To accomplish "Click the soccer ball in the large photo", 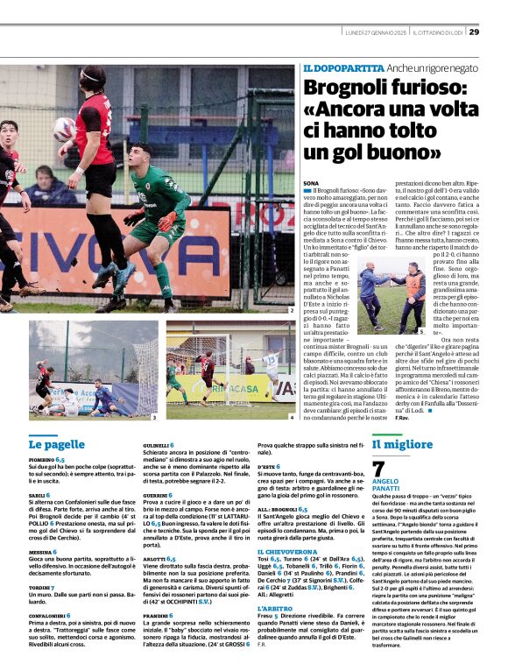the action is click(64, 129).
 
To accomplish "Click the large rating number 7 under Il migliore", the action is click(378, 469).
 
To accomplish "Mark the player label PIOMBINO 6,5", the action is click(46, 459).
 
